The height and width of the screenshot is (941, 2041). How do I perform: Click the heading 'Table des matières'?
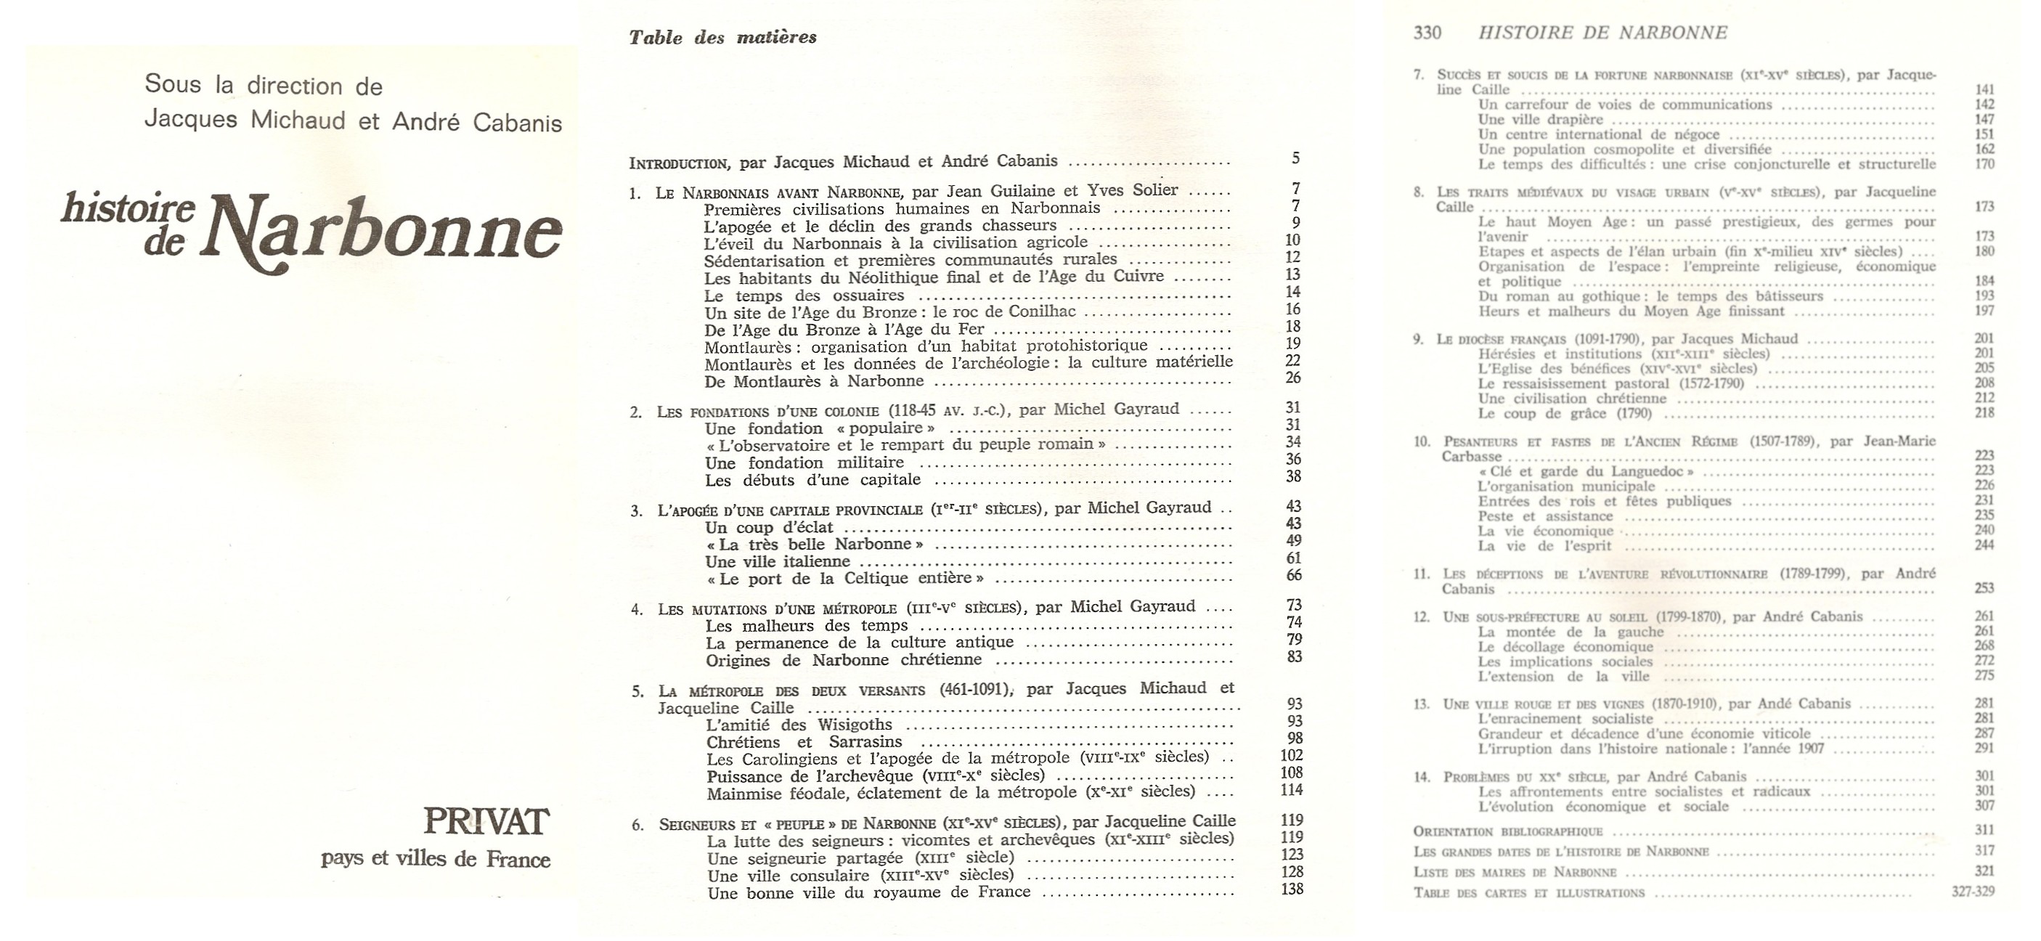click(x=722, y=37)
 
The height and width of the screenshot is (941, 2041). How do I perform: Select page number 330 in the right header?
click(x=1427, y=33)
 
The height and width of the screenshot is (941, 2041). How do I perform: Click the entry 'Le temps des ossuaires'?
click(x=804, y=296)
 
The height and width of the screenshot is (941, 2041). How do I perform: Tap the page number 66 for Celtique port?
click(x=1294, y=575)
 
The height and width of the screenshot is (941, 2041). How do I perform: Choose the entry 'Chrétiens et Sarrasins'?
click(x=804, y=742)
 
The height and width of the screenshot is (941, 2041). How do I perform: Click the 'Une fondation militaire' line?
click(x=804, y=463)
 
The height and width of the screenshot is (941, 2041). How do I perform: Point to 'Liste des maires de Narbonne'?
click(x=1514, y=873)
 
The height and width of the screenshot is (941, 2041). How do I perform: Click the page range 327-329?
click(x=1972, y=892)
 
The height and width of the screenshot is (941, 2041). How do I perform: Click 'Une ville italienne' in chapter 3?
click(x=766, y=561)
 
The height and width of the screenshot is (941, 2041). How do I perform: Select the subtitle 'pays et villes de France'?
click(x=435, y=860)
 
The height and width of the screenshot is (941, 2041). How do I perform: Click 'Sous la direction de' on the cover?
click(x=263, y=86)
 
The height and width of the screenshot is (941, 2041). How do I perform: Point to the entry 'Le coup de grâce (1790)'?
click(x=1564, y=413)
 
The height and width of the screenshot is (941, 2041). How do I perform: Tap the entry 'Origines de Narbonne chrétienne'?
click(x=843, y=660)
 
